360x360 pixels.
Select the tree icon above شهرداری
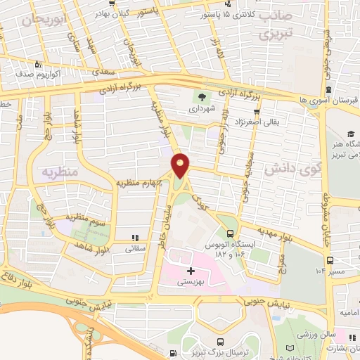(x=202, y=98)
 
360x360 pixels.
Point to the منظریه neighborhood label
(x=59, y=172)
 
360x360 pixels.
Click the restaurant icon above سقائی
(x=135, y=238)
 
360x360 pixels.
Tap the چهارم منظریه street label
(x=140, y=183)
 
